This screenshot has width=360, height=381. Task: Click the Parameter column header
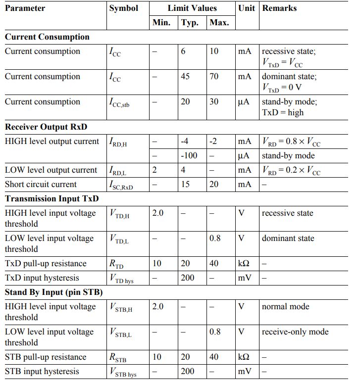click(25, 8)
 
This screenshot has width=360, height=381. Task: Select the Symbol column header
click(124, 8)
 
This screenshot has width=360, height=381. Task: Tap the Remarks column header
click(279, 8)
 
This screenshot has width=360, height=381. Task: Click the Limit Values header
click(192, 8)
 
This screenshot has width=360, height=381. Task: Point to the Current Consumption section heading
click(47, 37)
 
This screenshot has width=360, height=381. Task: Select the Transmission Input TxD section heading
click(52, 199)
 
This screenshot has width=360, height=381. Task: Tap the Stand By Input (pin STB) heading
click(53, 292)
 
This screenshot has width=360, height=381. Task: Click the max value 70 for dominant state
click(214, 77)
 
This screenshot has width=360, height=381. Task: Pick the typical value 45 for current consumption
click(186, 77)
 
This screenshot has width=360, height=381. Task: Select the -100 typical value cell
click(189, 156)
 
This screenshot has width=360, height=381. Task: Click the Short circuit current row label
click(41, 185)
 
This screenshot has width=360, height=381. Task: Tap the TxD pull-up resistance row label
click(46, 264)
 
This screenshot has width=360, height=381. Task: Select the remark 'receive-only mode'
click(295, 332)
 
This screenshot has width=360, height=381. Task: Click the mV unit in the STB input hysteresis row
click(245, 372)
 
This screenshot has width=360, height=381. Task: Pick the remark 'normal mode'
click(285, 307)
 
